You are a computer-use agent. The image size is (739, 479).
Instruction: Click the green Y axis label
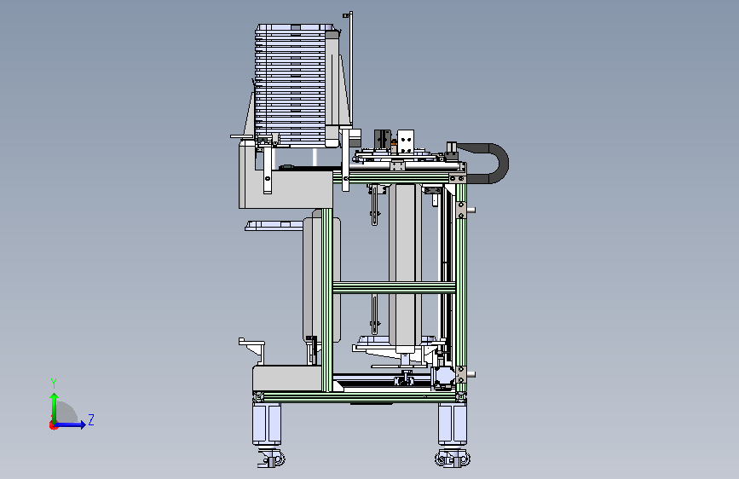(x=54, y=383)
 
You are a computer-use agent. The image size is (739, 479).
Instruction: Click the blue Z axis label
(x=91, y=419)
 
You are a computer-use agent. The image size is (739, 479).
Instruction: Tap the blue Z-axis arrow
(x=70, y=424)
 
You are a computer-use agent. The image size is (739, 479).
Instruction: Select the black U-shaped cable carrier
(x=497, y=163)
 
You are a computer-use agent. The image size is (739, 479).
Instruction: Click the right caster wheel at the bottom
(x=453, y=459)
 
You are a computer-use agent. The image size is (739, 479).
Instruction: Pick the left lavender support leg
(x=267, y=424)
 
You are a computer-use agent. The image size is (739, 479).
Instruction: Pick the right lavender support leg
(x=453, y=424)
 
